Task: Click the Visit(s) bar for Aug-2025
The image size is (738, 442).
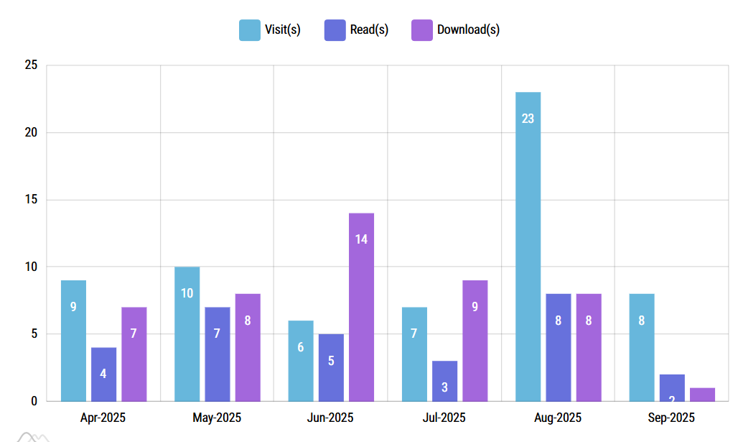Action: [x=528, y=247]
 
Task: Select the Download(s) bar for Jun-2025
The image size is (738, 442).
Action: [x=361, y=307]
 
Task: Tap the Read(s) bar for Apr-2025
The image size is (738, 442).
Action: [x=103, y=374]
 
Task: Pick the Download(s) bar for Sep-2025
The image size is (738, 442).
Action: [x=702, y=395]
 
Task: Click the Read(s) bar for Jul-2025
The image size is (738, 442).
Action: [x=444, y=381]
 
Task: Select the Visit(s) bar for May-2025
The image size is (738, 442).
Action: [x=187, y=333]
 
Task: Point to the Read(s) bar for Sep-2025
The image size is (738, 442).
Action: [x=672, y=388]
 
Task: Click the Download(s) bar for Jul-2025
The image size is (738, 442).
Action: [x=475, y=340]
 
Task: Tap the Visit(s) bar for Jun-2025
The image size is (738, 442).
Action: [x=301, y=361]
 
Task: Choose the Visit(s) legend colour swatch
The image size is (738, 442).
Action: [x=249, y=30]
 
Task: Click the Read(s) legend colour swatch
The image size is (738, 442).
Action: [x=335, y=30]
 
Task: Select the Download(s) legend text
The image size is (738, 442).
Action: [x=468, y=30]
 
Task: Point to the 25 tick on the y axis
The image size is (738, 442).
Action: [x=31, y=65]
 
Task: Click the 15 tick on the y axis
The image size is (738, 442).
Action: [x=31, y=200]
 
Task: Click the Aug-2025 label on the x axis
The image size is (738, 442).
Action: [x=558, y=418]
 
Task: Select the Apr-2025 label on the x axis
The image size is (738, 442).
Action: [x=103, y=418]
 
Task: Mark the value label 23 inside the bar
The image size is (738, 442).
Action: [x=528, y=119]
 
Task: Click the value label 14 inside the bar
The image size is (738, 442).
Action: [x=361, y=239]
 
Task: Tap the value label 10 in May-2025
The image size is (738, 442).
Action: [x=187, y=293]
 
